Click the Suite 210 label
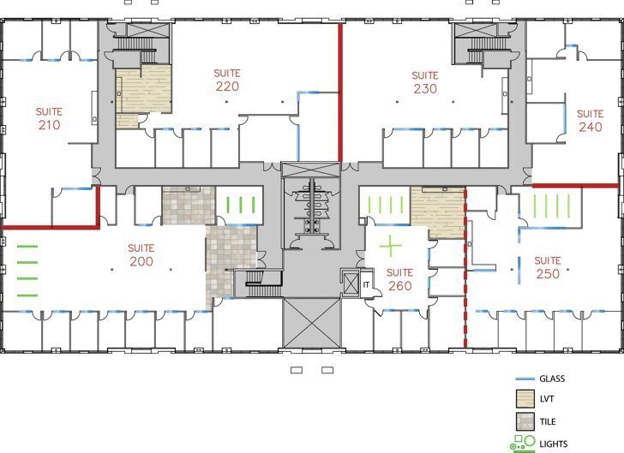(x=49, y=118)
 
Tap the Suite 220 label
(x=227, y=80)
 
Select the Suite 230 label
(x=425, y=82)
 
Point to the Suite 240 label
(x=590, y=121)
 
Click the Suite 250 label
(x=548, y=267)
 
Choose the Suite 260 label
(x=399, y=279)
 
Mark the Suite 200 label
(x=141, y=255)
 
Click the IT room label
(x=365, y=283)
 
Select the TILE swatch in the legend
(x=524, y=421)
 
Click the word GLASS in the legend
(x=552, y=378)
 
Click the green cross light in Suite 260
(x=391, y=247)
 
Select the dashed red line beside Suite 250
(x=465, y=274)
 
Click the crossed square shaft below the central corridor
(x=312, y=323)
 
